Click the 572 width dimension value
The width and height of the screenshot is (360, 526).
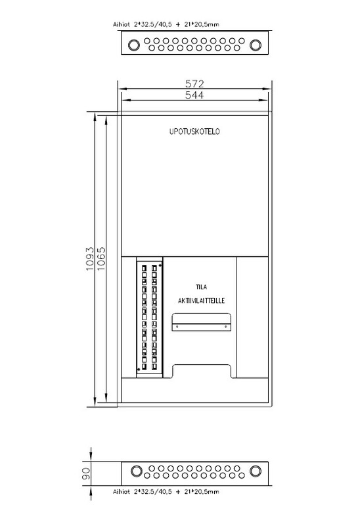194,84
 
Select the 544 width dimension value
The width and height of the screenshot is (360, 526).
194,95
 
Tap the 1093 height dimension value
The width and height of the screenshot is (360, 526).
89,259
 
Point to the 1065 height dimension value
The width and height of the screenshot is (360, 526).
101,259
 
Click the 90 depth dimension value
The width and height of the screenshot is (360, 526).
86,473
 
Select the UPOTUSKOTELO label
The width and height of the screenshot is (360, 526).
194,131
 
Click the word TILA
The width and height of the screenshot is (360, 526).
202,287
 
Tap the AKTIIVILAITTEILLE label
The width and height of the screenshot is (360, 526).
201,300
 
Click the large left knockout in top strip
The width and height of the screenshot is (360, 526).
134,45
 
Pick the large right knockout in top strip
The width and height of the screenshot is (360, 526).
256,45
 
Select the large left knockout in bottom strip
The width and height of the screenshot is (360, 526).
137,471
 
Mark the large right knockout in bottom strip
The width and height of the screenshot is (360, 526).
256,471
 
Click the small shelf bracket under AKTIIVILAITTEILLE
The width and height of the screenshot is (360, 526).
202,322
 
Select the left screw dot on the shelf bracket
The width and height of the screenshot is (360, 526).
177,326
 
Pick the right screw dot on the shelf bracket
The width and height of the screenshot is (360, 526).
225,326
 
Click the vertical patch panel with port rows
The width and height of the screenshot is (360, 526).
150,318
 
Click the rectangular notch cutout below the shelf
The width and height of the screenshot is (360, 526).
202,371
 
